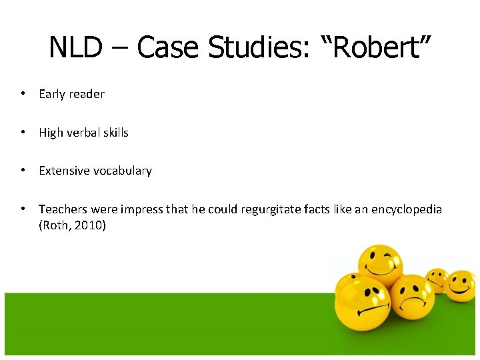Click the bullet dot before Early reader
pyautogui.click(x=23, y=93)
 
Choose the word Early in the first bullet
pyautogui.click(x=52, y=94)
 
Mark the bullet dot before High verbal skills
pyautogui.click(x=23, y=132)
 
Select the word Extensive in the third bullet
pyautogui.click(x=63, y=171)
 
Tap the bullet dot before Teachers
pyautogui.click(x=23, y=209)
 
